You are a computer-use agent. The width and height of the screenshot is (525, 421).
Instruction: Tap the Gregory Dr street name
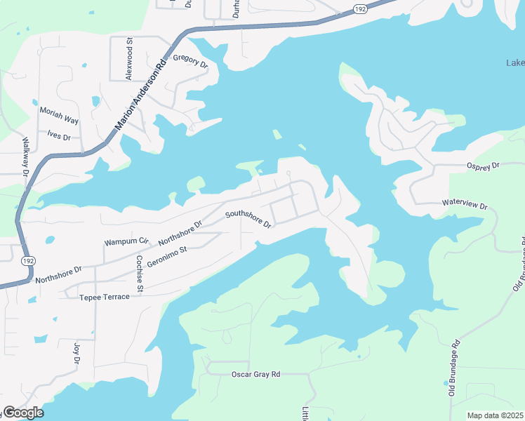[x=190, y=62]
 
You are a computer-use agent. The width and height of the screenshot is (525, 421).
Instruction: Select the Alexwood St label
[x=128, y=60]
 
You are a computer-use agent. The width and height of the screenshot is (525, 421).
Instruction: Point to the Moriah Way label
[x=59, y=116]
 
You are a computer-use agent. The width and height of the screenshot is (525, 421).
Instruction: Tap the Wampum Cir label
[x=127, y=241]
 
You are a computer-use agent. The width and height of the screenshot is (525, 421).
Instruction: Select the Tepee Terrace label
[x=104, y=297]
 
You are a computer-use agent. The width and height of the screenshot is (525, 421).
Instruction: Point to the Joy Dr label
[x=77, y=353]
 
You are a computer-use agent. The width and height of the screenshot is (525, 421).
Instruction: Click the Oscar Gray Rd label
[x=255, y=375]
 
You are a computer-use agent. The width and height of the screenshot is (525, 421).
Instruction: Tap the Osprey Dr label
[x=482, y=166]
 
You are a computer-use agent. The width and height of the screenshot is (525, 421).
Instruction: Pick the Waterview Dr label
[x=464, y=204]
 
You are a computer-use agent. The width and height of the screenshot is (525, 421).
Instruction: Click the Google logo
[x=23, y=413]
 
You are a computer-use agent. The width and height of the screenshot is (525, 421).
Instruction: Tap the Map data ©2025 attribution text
[x=495, y=415]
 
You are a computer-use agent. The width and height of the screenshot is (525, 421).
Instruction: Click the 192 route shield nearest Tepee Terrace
[x=27, y=260]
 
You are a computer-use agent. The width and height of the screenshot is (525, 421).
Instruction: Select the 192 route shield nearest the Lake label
[x=360, y=9]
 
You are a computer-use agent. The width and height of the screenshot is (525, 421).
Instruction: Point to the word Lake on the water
[x=515, y=63]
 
